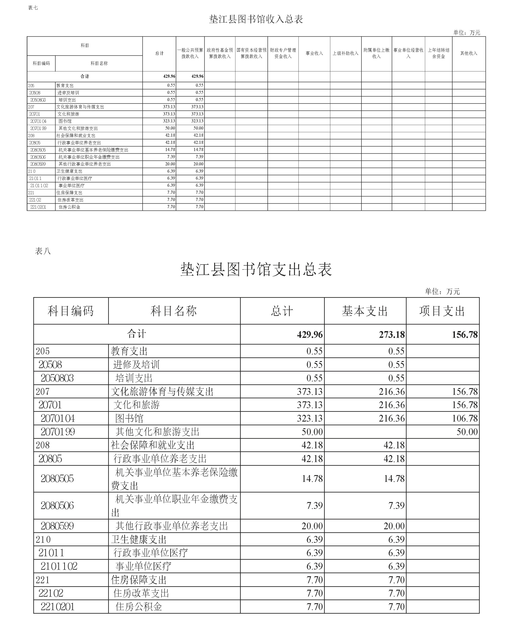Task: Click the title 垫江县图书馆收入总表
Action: pyautogui.click(x=256, y=19)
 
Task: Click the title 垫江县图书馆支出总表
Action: pyautogui.click(x=256, y=269)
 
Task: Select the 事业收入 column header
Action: pyautogui.click(x=314, y=53)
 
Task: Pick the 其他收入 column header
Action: pyautogui.click(x=469, y=53)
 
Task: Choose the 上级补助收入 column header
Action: pyautogui.click(x=345, y=53)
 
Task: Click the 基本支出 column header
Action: pyautogui.click(x=365, y=311)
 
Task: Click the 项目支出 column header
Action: pyautogui.click(x=442, y=311)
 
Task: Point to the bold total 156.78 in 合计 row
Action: pyautogui.click(x=465, y=335)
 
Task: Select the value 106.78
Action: pyautogui.click(x=465, y=418)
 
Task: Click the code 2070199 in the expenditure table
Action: pyautogui.click(x=58, y=432)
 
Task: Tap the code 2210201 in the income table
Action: pyautogui.click(x=38, y=207)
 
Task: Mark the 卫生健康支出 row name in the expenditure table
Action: pyautogui.click(x=139, y=539)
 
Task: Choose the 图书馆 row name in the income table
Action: pyautogui.click(x=65, y=121)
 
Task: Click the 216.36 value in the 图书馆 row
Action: pyautogui.click(x=392, y=418)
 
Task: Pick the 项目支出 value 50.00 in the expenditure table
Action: pyautogui.click(x=467, y=432)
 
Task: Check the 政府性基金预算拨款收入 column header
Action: pyautogui.click(x=220, y=53)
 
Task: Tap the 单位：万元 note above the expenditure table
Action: pyautogui.click(x=442, y=291)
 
